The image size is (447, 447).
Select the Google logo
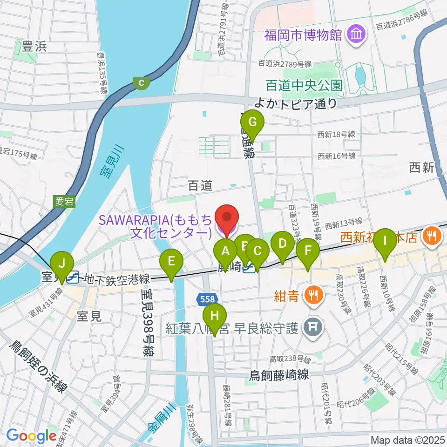point(31,436)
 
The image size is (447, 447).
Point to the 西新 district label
point(422,168)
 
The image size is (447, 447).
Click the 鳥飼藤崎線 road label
point(279,375)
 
